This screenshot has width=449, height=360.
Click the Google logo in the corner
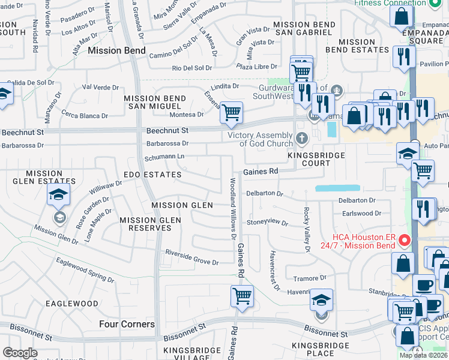tap(20, 353)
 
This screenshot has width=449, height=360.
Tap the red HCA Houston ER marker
tap(405, 241)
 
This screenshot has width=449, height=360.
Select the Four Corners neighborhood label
tap(127, 324)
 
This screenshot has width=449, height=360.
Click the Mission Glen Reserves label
tap(150, 224)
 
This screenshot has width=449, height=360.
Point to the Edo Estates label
tap(152, 175)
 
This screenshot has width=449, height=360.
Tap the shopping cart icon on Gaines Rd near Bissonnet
tap(242, 295)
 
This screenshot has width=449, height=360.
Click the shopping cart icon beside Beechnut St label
tap(231, 112)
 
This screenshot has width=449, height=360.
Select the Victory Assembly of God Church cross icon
tap(301, 139)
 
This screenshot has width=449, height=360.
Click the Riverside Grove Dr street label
tap(192, 257)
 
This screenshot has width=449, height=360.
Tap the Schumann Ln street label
tap(164, 157)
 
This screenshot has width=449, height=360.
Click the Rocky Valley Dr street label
tap(306, 229)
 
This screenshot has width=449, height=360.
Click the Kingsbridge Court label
tap(316, 159)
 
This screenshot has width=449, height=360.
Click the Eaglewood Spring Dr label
tap(85, 270)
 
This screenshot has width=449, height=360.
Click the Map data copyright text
tap(424, 355)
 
